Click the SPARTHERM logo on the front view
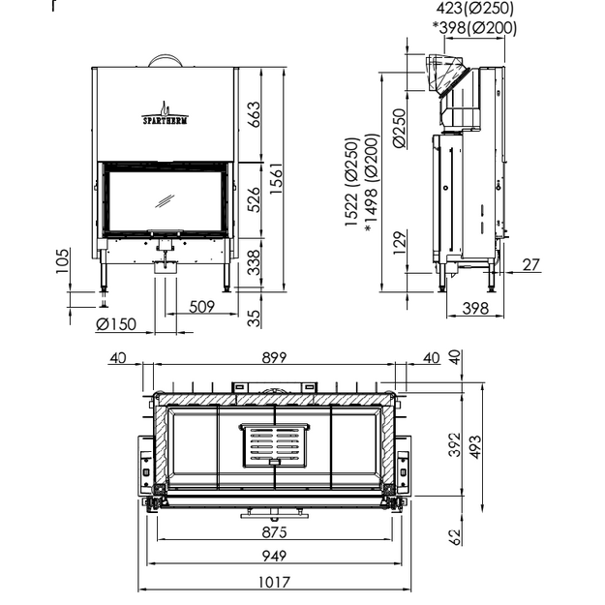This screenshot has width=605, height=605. tap(165, 114)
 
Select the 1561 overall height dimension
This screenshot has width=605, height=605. tap(277, 179)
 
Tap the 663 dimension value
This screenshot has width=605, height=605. tap(254, 114)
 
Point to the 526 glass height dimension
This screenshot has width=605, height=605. tap(254, 199)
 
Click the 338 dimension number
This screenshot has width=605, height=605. tap(254, 262)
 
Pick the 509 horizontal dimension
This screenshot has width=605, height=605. tap(201, 307)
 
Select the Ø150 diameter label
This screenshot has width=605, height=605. tap(116, 324)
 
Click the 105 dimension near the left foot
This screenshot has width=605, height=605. tap(63, 261)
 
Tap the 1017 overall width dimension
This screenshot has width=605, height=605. tap(274, 582)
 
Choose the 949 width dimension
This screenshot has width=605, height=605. tap(274, 556)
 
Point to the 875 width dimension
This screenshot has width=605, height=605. tap(274, 532)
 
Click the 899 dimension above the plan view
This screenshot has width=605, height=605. tap(274, 357)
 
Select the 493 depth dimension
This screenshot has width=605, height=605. tap(475, 447)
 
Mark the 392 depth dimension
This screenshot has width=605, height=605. tap(455, 444)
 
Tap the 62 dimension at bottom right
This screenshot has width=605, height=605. tap(456, 537)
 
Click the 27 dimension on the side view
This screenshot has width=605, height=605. tap(530, 265)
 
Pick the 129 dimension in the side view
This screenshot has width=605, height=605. tap(400, 243)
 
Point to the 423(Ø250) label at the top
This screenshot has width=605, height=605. tap(475, 8)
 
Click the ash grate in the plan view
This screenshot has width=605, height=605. tap(274, 445)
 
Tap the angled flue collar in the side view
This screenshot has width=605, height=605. tap(447, 75)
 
